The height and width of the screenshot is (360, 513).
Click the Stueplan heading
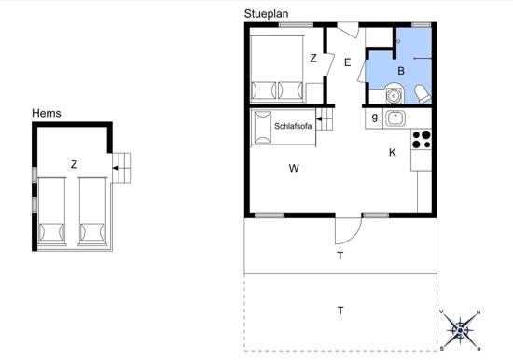coord(267,14)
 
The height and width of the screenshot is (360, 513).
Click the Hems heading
coord(47,113)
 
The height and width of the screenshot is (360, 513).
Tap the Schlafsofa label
coord(293,126)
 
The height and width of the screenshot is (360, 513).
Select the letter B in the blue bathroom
coord(401,71)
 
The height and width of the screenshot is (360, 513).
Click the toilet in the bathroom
coord(423,94)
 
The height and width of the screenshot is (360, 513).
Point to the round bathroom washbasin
coord(395,94)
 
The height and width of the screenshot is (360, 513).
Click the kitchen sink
coord(395,118)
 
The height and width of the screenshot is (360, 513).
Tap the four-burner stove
coord(422,139)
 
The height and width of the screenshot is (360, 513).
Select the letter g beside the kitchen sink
coord(375,117)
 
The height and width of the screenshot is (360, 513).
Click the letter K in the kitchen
coord(393,153)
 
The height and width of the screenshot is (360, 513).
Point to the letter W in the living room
coord(294,168)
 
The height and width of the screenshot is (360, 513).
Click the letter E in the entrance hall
coord(348,62)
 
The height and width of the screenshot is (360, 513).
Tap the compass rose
coord(461,330)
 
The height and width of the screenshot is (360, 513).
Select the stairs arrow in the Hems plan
coord(116,168)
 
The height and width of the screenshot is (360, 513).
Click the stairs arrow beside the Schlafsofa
coord(319,119)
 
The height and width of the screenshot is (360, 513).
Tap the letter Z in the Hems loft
coord(75,164)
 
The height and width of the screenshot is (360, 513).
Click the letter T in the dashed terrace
coord(340,311)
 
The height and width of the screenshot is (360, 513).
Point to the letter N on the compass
coord(478,312)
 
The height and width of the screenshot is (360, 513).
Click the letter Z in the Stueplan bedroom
coord(313,58)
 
